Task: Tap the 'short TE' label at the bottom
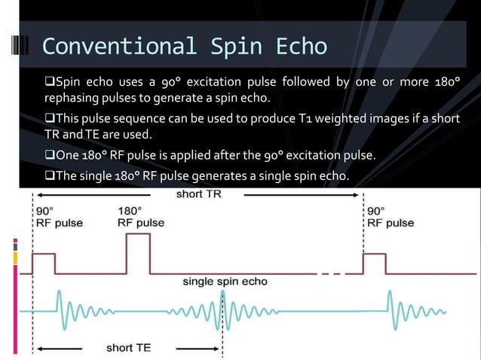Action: (129, 348)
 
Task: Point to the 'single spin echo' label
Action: (225, 282)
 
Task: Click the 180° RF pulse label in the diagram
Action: (139, 216)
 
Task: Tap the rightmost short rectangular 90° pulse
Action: (375, 264)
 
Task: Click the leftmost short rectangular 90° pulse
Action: (44, 264)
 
